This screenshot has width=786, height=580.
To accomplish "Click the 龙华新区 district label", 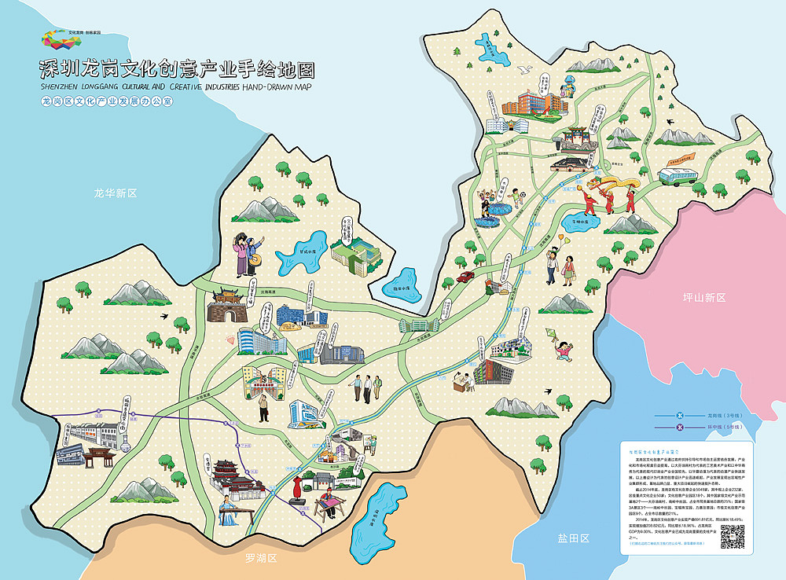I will point(116,193).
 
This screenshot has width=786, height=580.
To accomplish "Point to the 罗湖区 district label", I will point(261,559).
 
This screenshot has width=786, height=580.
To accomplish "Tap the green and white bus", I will point(678,176).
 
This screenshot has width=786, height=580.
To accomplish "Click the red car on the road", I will point(465,276).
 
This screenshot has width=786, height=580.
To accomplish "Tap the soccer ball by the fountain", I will point(520,193).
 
